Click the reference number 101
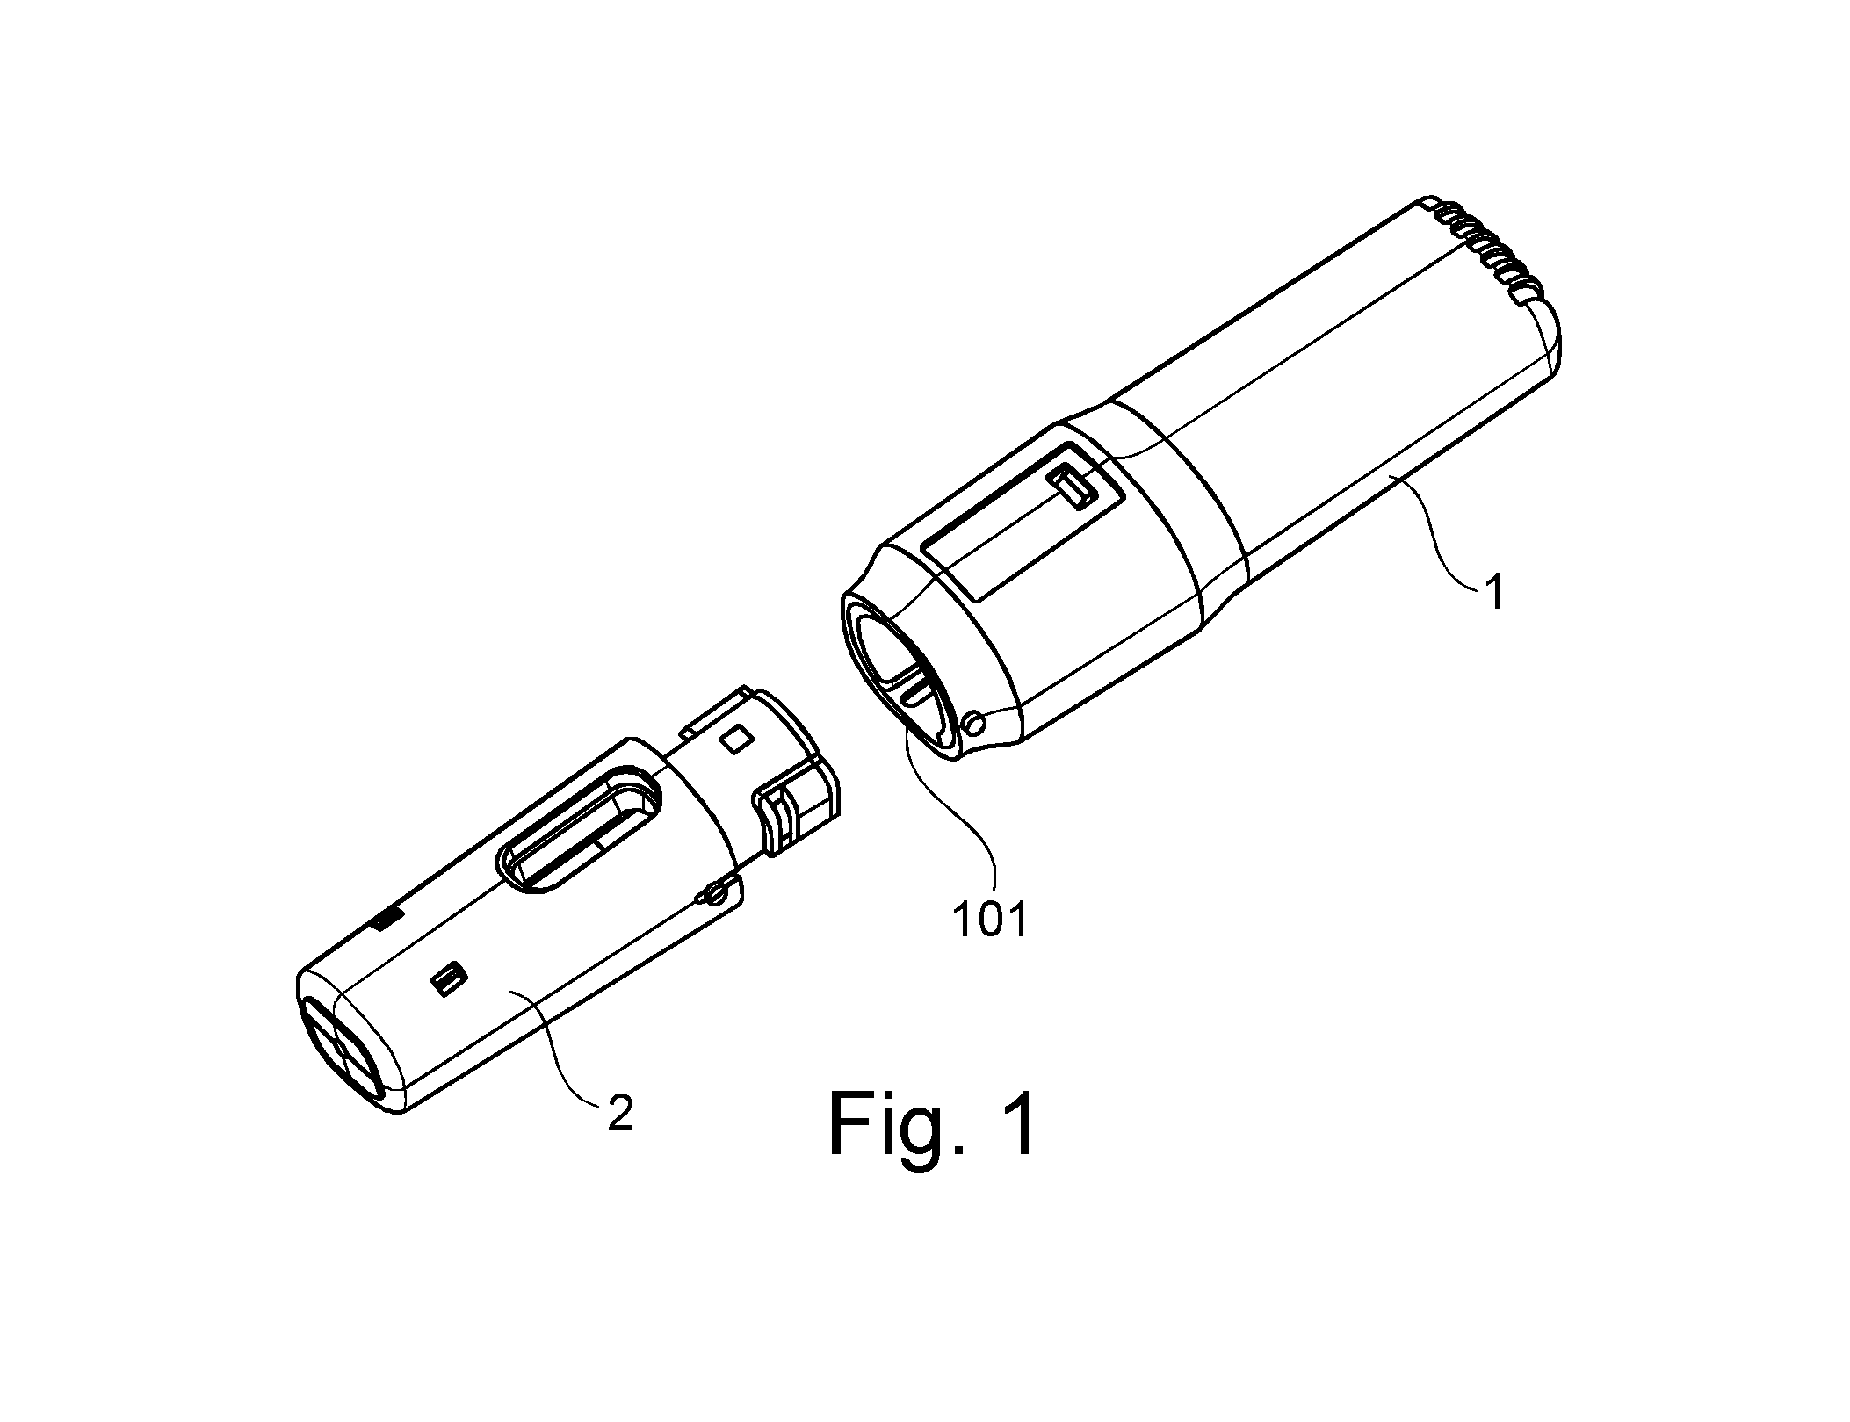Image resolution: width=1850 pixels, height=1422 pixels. click(x=989, y=920)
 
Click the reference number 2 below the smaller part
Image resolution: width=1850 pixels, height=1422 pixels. click(x=619, y=1113)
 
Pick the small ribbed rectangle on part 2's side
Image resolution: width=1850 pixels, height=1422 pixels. click(x=449, y=979)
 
